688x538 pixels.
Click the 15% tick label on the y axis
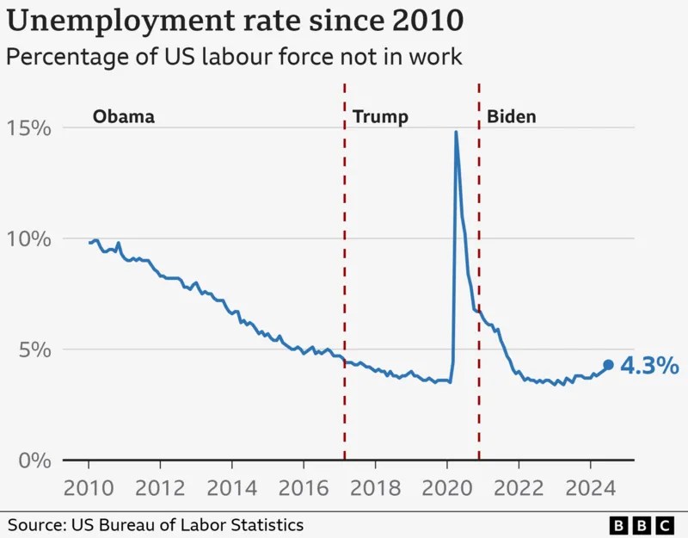point(28,128)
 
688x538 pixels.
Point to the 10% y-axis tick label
point(28,238)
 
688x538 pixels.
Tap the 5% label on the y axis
point(34,349)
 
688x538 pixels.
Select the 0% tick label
point(34,460)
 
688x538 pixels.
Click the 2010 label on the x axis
point(89,488)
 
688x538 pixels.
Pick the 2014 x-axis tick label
point(232,488)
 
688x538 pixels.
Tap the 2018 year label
point(375,488)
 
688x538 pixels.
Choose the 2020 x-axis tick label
point(447,488)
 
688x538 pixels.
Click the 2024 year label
point(591,488)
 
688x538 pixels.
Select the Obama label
point(124,117)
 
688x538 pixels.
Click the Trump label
point(380,117)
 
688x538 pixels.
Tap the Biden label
point(512,117)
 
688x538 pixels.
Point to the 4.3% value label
point(650,366)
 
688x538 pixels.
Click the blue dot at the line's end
point(608,365)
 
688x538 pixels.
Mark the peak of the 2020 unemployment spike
point(455,132)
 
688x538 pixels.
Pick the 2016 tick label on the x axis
point(304,488)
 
